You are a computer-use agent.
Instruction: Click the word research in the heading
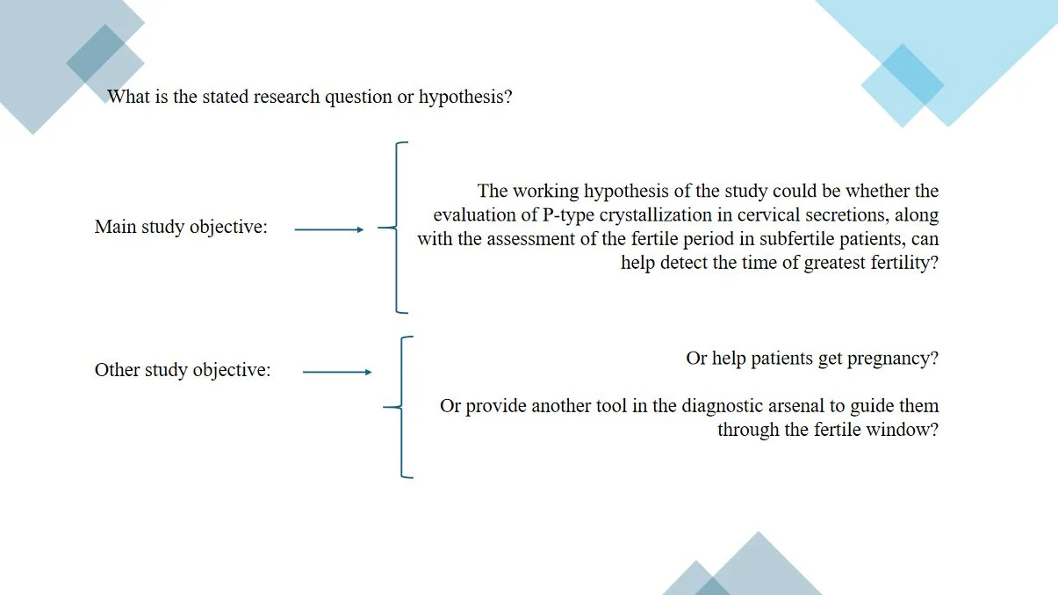(x=287, y=97)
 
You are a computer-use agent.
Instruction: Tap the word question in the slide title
(x=358, y=98)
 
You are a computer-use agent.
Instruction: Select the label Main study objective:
(x=181, y=227)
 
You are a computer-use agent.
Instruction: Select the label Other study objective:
(x=183, y=370)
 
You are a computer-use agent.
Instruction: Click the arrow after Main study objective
(x=329, y=230)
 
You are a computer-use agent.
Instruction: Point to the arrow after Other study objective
(x=337, y=373)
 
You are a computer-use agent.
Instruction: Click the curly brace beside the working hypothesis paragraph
(x=396, y=228)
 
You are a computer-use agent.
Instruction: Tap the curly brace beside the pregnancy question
(x=401, y=407)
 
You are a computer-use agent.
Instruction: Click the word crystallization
(x=656, y=215)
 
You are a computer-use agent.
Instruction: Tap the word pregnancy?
(x=893, y=359)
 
